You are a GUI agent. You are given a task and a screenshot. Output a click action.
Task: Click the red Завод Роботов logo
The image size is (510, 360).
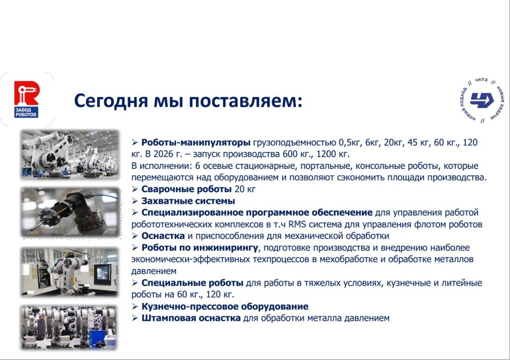coord(27,99)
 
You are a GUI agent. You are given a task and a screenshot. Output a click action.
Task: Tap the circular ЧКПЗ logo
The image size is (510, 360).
coord(482,100)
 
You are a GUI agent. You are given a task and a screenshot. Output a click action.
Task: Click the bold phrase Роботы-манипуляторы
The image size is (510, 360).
coord(196,142)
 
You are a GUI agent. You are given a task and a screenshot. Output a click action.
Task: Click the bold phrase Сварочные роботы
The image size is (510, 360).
coord(186,189)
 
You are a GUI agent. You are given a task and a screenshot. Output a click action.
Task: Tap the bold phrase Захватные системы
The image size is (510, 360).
coord(188,201)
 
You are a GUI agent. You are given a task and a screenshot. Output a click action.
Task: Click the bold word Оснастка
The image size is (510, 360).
coord(163,236)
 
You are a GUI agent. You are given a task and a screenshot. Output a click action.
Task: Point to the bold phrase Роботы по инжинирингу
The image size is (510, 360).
coord(200,248)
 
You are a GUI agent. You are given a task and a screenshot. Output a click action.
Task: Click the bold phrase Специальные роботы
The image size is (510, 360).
coord(192,283)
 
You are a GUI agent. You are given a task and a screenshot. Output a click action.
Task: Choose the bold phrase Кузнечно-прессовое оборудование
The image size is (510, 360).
coord(225,306)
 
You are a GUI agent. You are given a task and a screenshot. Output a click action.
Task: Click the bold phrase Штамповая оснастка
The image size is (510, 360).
coord(191,318)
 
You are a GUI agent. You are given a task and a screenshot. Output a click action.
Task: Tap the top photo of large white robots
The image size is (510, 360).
coord(70,155)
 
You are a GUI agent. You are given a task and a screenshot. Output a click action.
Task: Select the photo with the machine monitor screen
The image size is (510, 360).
coord(70,272)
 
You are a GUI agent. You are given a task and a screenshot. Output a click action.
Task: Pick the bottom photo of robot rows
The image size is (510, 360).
coord(69,328)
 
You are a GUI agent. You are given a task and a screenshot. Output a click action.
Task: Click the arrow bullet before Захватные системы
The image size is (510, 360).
coord(134,201)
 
